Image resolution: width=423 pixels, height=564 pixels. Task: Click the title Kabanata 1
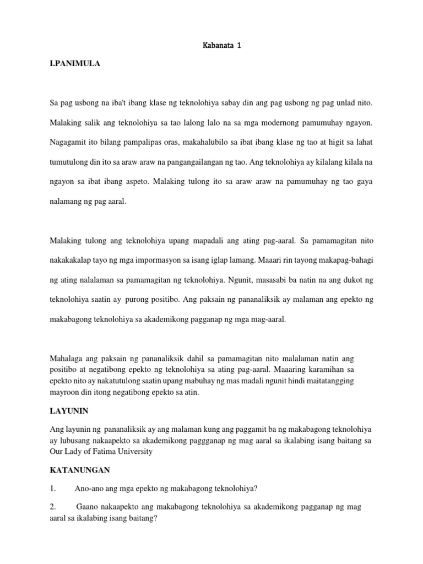click(x=222, y=46)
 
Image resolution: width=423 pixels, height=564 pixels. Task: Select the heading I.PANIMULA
click(x=75, y=64)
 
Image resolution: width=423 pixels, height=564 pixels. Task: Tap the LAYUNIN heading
click(x=69, y=411)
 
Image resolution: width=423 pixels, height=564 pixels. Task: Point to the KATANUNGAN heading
click(x=79, y=470)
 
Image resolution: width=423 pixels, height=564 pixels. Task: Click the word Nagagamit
click(x=69, y=142)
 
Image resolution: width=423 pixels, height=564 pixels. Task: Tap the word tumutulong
click(x=72, y=162)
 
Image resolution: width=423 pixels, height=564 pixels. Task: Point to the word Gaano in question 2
click(x=87, y=507)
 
